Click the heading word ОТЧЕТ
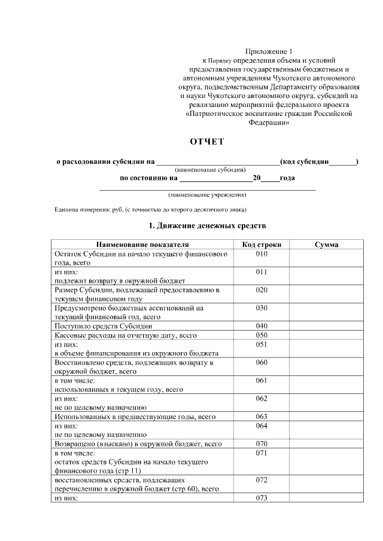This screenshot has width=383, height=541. click(x=206, y=142)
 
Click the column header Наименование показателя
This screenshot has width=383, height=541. click(x=142, y=244)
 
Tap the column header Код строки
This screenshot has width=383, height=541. click(x=262, y=244)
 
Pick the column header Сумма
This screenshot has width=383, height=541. click(x=326, y=244)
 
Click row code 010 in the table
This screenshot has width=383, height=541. click(x=262, y=254)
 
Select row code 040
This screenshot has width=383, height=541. click(x=262, y=326)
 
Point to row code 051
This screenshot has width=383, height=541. click(x=262, y=344)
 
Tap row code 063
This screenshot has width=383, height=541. click(x=262, y=416)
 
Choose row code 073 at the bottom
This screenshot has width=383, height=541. click(x=262, y=497)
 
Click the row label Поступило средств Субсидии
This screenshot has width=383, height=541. click(x=104, y=326)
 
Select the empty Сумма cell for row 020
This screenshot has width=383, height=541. click(x=326, y=294)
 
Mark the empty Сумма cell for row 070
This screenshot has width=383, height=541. click(x=326, y=444)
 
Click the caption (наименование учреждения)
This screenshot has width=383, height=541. click(x=207, y=195)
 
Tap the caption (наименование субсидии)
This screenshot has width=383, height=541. click(x=207, y=170)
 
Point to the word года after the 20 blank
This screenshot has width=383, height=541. click(x=287, y=178)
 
